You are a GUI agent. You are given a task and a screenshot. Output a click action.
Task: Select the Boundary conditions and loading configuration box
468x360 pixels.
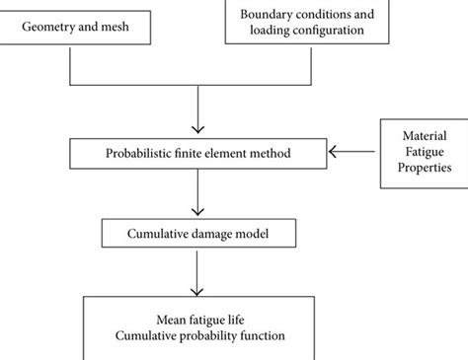pyautogui.click(x=300, y=22)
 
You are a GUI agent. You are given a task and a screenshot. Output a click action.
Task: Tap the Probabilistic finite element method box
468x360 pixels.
pyautogui.click(x=199, y=153)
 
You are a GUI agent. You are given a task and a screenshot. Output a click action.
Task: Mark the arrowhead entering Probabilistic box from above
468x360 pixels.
pyautogui.click(x=199, y=131)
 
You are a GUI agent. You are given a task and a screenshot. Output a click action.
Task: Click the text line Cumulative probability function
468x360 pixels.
pyautogui.click(x=199, y=335)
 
